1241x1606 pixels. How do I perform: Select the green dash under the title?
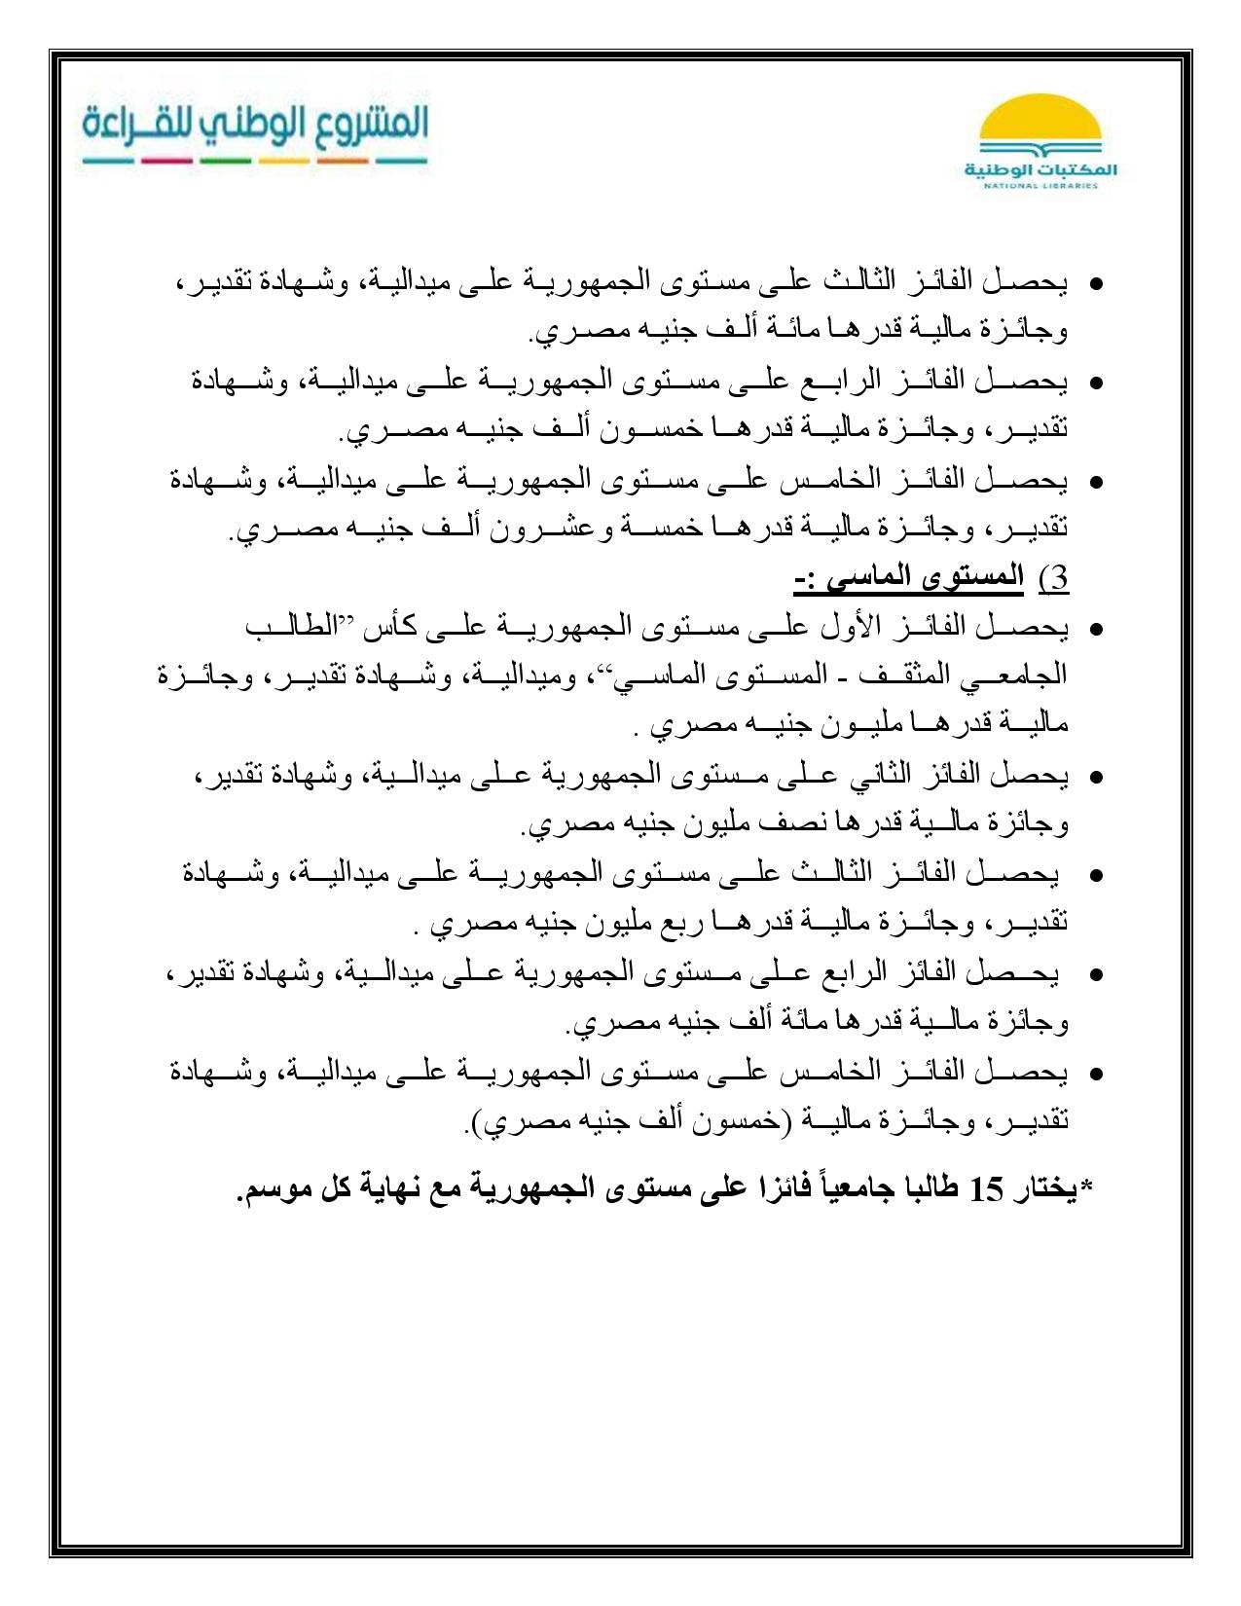point(225,161)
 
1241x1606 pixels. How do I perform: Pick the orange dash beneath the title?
point(342,161)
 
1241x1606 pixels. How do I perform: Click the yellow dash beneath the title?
point(284,161)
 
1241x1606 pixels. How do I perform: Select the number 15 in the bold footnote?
point(989,1190)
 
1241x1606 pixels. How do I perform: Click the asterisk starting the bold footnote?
point(1087,1185)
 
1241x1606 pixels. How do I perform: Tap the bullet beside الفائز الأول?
point(1095,631)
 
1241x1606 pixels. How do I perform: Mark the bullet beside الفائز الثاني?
point(1095,779)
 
